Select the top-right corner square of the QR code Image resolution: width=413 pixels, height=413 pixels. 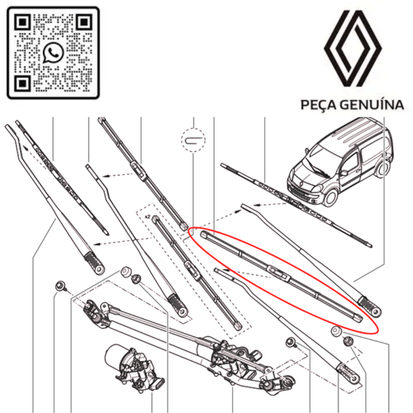coord(83,22)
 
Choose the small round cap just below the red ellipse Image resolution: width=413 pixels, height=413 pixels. coord(335,331)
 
